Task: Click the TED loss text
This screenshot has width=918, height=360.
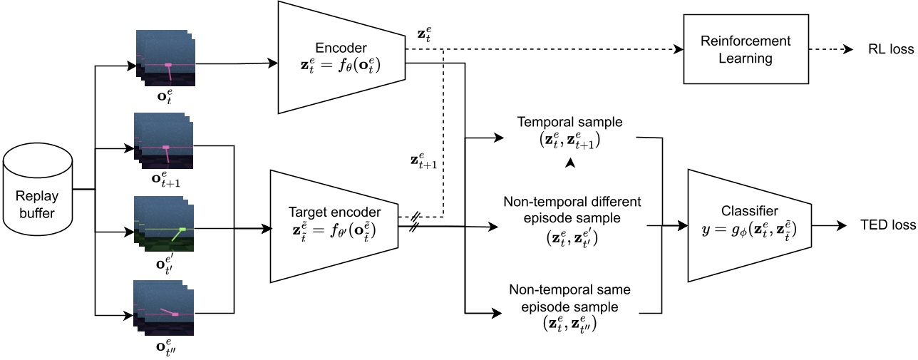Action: tap(887, 225)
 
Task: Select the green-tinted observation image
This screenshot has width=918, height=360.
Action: tap(164, 228)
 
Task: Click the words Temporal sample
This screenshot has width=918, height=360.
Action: tap(569, 122)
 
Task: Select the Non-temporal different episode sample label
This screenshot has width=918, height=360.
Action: tap(572, 210)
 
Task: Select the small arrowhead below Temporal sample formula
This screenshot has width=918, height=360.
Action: tap(570, 164)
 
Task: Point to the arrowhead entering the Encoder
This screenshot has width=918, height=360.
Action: tap(273, 63)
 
